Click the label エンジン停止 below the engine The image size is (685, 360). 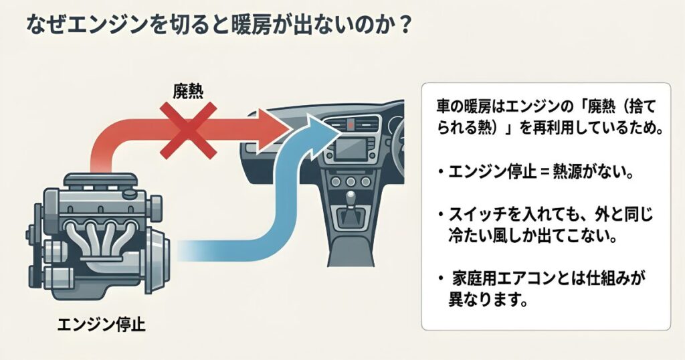coord(101,326)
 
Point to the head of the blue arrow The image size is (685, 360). coord(320,129)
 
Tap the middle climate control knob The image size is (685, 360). coord(349,182)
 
